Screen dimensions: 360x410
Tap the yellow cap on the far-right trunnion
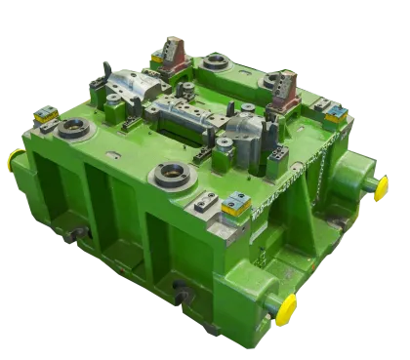coord(381,186)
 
